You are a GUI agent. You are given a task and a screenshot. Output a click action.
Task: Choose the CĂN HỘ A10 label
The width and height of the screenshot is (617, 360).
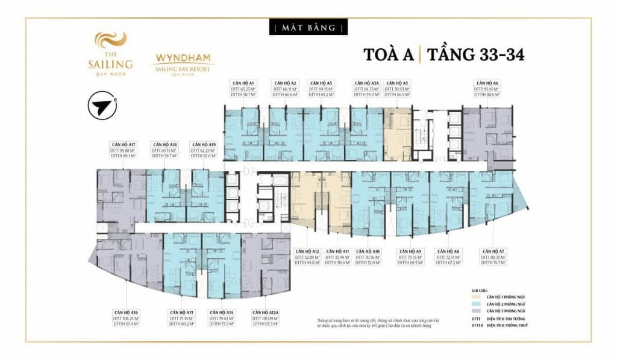point(368,250)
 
